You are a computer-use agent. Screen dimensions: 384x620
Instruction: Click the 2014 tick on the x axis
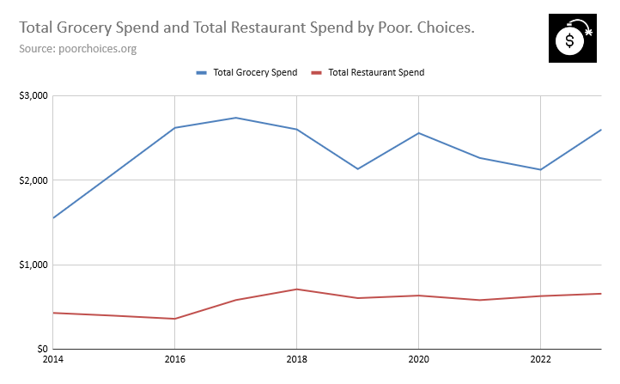(53, 358)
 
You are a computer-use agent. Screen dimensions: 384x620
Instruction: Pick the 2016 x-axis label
(174, 358)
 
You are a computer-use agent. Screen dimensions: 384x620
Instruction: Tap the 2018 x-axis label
(296, 358)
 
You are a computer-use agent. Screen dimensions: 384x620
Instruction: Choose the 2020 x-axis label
(418, 358)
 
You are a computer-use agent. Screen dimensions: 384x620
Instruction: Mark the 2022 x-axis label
(540, 358)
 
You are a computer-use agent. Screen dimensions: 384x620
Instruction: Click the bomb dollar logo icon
(571, 39)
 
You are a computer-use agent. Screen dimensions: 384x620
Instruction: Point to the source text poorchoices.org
(78, 48)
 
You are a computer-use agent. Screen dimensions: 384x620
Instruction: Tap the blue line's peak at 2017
(235, 118)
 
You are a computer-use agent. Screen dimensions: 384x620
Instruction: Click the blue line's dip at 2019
(357, 168)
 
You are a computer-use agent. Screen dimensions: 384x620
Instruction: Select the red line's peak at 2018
(296, 289)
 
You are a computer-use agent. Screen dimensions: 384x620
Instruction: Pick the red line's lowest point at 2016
(174, 319)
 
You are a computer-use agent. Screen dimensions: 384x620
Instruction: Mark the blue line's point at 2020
(418, 133)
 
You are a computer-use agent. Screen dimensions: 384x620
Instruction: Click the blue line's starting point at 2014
(53, 217)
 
